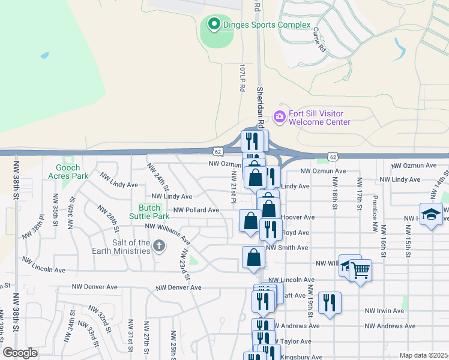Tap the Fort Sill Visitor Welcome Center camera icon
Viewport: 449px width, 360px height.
[279, 116]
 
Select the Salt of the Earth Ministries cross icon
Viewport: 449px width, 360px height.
[159, 245]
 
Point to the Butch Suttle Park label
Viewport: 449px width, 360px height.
[152, 211]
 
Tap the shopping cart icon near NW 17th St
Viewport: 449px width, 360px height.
[360, 271]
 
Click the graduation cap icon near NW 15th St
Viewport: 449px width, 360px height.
[430, 215]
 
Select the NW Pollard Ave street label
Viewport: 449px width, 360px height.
[196, 211]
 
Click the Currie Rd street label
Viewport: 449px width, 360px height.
[319, 39]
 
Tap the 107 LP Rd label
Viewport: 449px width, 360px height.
[243, 77]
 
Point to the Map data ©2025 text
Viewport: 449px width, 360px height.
[423, 355]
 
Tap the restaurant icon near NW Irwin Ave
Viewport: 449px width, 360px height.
[330, 302]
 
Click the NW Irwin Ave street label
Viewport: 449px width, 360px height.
[384, 311]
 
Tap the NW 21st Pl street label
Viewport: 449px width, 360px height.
[233, 185]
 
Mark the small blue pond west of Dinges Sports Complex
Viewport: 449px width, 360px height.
[44, 55]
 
